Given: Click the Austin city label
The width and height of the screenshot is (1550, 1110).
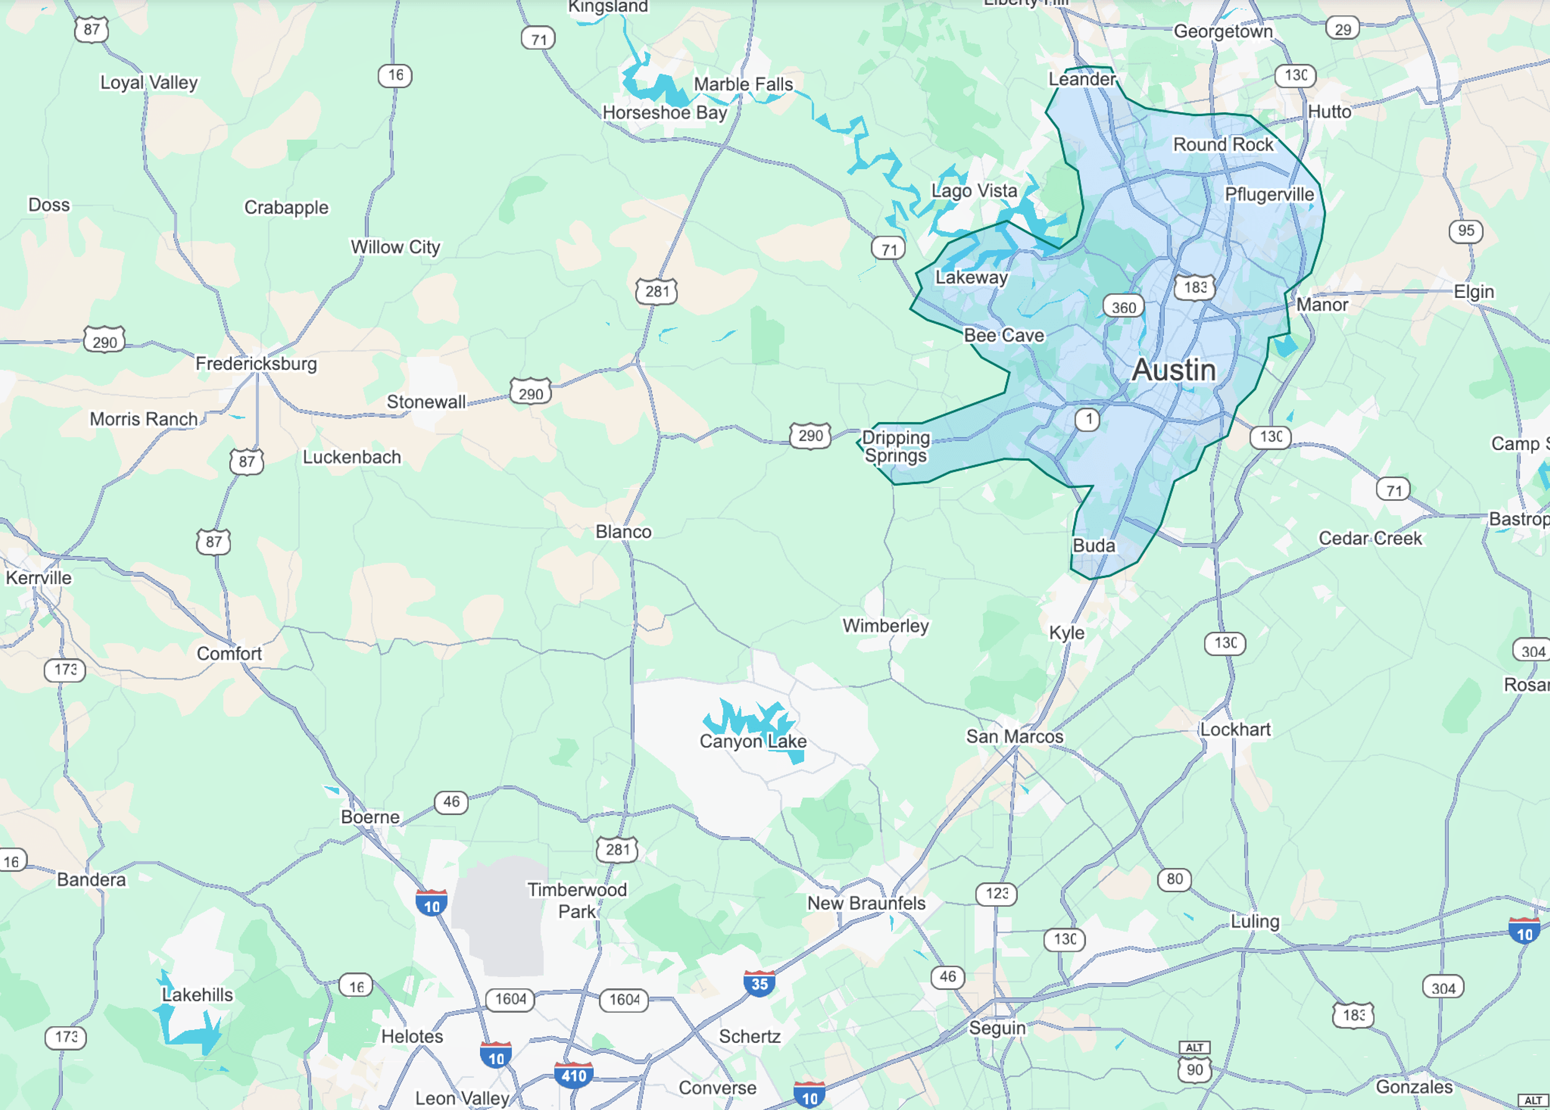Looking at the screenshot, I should [x=1174, y=370].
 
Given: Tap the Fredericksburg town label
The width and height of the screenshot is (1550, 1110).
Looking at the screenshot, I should [x=256, y=363].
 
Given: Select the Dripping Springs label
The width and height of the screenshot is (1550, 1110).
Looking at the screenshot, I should [x=895, y=447].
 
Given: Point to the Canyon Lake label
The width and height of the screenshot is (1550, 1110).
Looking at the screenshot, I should [x=753, y=741].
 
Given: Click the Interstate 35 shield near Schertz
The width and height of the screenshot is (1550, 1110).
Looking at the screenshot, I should [x=759, y=983].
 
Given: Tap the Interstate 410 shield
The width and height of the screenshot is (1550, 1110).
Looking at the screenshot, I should [x=573, y=1076].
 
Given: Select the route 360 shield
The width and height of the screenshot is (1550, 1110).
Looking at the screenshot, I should [x=1123, y=307].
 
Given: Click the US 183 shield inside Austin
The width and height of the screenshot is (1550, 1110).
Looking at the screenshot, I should [x=1195, y=287].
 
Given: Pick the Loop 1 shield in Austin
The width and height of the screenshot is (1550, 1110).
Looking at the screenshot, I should [x=1087, y=418].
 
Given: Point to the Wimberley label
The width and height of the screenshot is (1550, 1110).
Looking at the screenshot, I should [x=885, y=626].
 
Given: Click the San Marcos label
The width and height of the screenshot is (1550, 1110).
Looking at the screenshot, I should [x=1014, y=736].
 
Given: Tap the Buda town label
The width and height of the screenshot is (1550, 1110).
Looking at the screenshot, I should [x=1094, y=546].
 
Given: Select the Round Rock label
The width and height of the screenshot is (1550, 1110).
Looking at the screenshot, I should [x=1223, y=145].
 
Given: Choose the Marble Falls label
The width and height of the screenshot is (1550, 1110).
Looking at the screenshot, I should [x=743, y=84].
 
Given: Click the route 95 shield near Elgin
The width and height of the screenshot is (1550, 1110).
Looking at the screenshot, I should [x=1466, y=231].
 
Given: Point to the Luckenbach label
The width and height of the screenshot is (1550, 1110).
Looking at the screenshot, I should [x=352, y=457].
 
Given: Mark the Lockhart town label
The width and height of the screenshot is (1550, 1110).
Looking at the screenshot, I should [x=1236, y=729].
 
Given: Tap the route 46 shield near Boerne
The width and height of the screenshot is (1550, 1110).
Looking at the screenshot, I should [x=451, y=802].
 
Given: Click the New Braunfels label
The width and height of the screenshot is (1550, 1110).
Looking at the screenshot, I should [x=866, y=903].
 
